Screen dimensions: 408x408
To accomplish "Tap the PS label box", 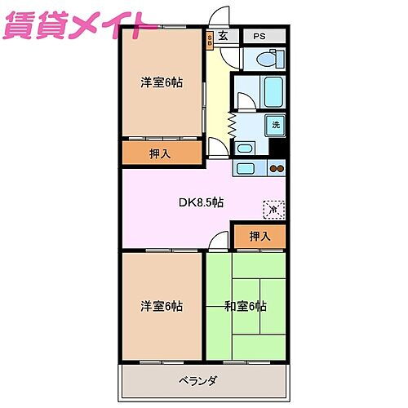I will pyautogui.click(x=259, y=37).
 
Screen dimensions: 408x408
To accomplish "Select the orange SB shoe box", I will pyautogui.click(x=210, y=38).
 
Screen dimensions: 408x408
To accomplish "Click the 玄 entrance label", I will pyautogui.click(x=223, y=37).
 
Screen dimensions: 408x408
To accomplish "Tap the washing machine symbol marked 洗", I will pyautogui.click(x=276, y=125).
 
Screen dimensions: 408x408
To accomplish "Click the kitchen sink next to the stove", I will pyautogui.click(x=246, y=169).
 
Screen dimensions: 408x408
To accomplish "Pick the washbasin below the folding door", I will pyautogui.click(x=244, y=149).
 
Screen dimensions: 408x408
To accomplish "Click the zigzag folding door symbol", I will pyautogui.click(x=232, y=125).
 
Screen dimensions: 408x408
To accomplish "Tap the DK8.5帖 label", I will pyautogui.click(x=202, y=202).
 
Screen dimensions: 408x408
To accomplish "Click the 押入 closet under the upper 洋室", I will pyautogui.click(x=161, y=153).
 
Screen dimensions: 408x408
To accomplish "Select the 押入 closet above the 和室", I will pyautogui.click(x=259, y=237).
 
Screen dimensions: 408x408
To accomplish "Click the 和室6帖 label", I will pyautogui.click(x=246, y=306).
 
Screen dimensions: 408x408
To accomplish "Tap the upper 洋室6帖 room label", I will pyautogui.click(x=161, y=82).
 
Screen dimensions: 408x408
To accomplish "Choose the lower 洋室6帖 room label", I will pyautogui.click(x=161, y=306).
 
